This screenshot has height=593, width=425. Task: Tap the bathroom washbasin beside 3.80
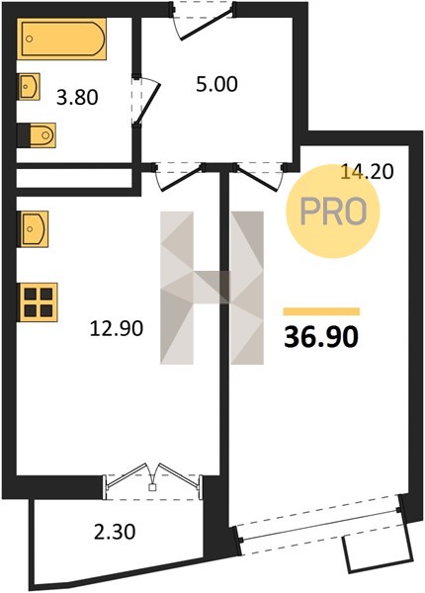pyautogui.click(x=29, y=87)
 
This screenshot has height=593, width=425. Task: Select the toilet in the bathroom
pyautogui.click(x=37, y=134)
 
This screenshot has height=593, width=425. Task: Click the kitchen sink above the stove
pyautogui.click(x=33, y=229)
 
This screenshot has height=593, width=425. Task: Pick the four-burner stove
pyautogui.click(x=38, y=302)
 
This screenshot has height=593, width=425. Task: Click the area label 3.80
pyautogui.click(x=77, y=98)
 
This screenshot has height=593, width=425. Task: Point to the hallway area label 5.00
pyautogui.click(x=217, y=84)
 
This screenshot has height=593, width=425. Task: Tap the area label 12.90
pyautogui.click(x=117, y=328)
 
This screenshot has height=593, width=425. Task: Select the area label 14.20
pyautogui.click(x=367, y=171)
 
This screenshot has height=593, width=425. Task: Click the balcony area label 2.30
pyautogui.click(x=115, y=533)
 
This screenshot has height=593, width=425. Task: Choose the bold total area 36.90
pyautogui.click(x=320, y=337)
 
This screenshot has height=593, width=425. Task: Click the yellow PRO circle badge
pyautogui.click(x=333, y=212)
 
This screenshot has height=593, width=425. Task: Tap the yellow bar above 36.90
pyautogui.click(x=321, y=311)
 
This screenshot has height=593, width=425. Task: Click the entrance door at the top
pyautogui.click(x=203, y=21)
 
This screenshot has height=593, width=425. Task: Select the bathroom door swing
pyautogui.click(x=146, y=99)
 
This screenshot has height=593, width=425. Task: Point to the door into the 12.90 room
pyautogui.click(x=179, y=175)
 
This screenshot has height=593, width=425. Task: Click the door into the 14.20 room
pyautogui.click(x=260, y=175)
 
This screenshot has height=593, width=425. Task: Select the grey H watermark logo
pyautogui.click(x=212, y=288)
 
